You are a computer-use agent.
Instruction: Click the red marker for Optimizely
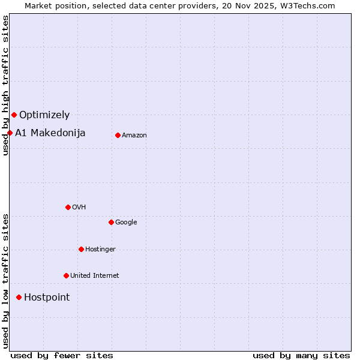pyautogui.click(x=14, y=115)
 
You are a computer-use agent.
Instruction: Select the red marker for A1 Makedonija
pyautogui.click(x=10, y=133)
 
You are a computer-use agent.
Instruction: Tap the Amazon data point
pyautogui.click(x=118, y=135)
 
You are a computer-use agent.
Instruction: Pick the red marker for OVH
pyautogui.click(x=68, y=207)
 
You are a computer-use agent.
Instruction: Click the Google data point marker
pyautogui.click(x=111, y=222)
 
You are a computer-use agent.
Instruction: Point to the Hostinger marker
pyautogui.click(x=81, y=249)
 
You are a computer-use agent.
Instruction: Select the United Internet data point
pyautogui.click(x=66, y=275)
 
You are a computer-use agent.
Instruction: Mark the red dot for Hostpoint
pyautogui.click(x=19, y=297)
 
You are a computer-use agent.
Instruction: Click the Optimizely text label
pyautogui.click(x=44, y=115)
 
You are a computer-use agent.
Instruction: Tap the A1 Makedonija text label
pyautogui.click(x=50, y=133)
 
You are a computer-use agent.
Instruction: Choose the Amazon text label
pyautogui.click(x=134, y=136)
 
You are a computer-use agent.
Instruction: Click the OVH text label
pyautogui.click(x=79, y=208)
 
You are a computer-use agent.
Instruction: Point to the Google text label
pyautogui.click(x=126, y=223)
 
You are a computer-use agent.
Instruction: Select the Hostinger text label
pyautogui.click(x=100, y=250)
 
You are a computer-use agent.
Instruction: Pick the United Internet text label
pyautogui.click(x=95, y=276)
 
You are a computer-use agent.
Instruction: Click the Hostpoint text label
pyautogui.click(x=47, y=297)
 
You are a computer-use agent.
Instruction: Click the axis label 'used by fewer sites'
pyautogui.click(x=62, y=355)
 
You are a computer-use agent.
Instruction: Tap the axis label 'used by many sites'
pyautogui.click(x=301, y=355)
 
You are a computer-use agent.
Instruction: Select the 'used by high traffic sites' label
pyautogui.click(x=5, y=85)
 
